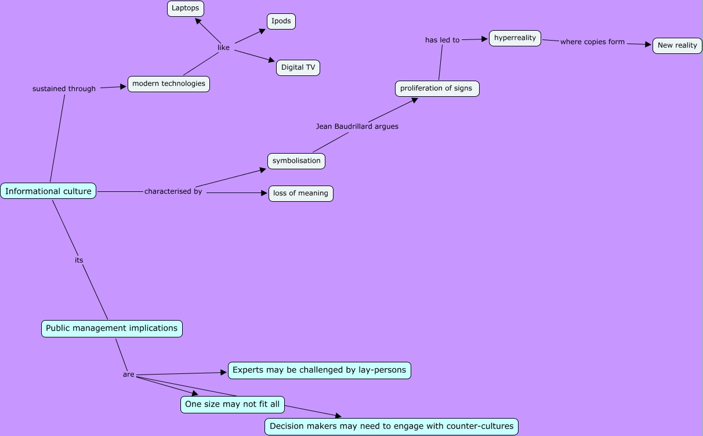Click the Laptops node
(186, 9)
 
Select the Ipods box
(281, 21)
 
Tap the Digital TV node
(298, 68)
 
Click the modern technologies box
(168, 84)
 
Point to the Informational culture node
(48, 191)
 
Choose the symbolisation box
(296, 161)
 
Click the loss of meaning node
(300, 194)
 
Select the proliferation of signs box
(437, 89)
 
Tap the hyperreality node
(515, 38)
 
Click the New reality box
(677, 46)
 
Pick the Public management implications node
(111, 329)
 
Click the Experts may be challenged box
(319, 370)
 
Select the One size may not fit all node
(232, 405)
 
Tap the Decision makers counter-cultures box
(392, 427)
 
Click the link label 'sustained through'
(64, 89)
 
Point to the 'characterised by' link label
(173, 192)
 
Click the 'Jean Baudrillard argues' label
(357, 126)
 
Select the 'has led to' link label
(442, 41)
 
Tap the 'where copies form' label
(592, 42)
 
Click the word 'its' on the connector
(79, 260)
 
